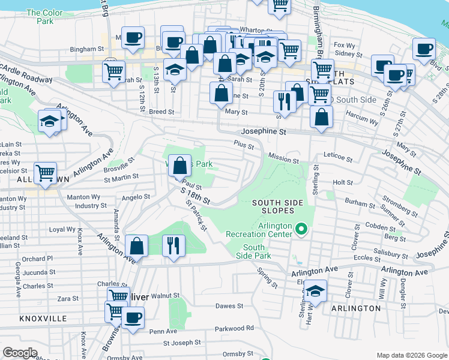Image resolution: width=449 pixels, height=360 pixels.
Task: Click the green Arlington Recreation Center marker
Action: pos(302,229)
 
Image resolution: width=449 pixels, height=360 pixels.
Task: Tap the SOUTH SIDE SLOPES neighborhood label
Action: pos(273,206)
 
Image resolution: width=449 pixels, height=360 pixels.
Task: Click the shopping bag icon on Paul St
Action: pos(179,166)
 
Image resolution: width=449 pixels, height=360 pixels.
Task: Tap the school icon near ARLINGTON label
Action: pos(315,292)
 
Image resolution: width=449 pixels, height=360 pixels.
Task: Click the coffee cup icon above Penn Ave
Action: pos(133,317)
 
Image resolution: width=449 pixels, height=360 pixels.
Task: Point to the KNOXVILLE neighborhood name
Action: pos(43,319)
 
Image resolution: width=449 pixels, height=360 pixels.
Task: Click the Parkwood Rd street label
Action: pos(234,328)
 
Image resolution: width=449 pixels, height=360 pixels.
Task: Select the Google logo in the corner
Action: pos(20,353)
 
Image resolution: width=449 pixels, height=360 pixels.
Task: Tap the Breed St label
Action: pos(161,112)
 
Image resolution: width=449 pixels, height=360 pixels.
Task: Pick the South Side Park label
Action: pos(254,251)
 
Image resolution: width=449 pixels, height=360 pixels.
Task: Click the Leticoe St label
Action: pos(338,157)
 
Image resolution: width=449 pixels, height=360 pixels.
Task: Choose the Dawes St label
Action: pos(229,306)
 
